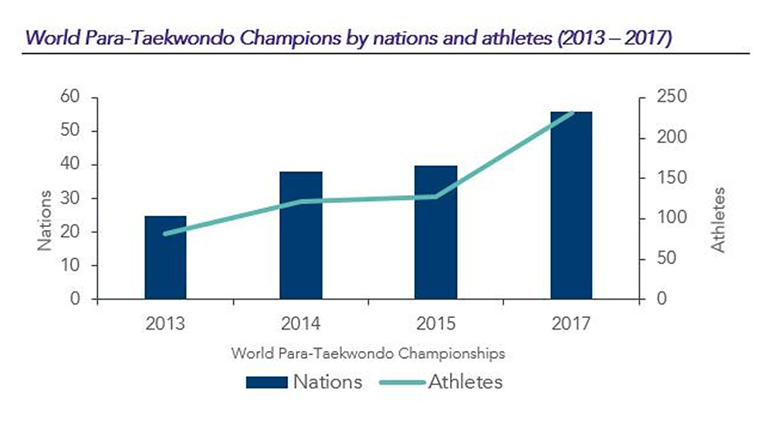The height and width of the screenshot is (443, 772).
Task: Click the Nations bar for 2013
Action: pos(165,258)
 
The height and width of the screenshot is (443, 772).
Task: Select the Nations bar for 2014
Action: pos(301,235)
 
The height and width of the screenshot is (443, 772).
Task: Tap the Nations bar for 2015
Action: pos(435,232)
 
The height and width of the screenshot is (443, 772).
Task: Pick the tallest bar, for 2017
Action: pos(571,205)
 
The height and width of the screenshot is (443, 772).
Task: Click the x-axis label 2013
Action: pos(165,323)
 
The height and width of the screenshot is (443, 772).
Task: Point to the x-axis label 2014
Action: pos(300,323)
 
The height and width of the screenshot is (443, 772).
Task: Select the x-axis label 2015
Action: pos(435,323)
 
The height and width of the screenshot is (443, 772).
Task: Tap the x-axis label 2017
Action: pos(571,323)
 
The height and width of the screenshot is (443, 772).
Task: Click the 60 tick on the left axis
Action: pos(70,96)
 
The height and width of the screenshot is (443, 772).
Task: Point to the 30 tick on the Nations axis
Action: pos(70,198)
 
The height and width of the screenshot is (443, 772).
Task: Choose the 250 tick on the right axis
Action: pos(672,96)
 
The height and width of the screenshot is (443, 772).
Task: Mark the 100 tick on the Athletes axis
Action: pos(672,218)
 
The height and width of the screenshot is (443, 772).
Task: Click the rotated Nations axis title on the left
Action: pos(44,221)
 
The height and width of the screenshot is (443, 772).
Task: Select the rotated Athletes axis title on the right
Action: pos(718,220)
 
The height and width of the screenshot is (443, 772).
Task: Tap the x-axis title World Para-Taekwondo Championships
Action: pos(368,353)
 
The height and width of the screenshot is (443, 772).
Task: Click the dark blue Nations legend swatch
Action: pos(267,383)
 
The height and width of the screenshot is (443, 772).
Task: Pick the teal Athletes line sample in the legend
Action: pos(402,383)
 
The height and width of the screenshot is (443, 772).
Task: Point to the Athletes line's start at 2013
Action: pos(165,234)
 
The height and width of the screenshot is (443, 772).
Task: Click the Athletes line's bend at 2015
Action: pos(435,196)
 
